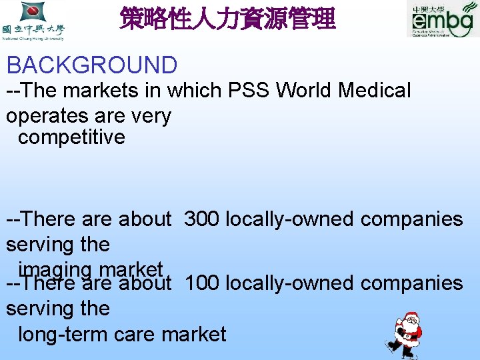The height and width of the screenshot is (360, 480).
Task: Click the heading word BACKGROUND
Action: pyautogui.click(x=92, y=65)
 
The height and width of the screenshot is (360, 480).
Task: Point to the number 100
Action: pyautogui.click(x=202, y=283)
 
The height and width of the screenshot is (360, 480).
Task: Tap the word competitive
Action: pyautogui.click(x=71, y=137)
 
